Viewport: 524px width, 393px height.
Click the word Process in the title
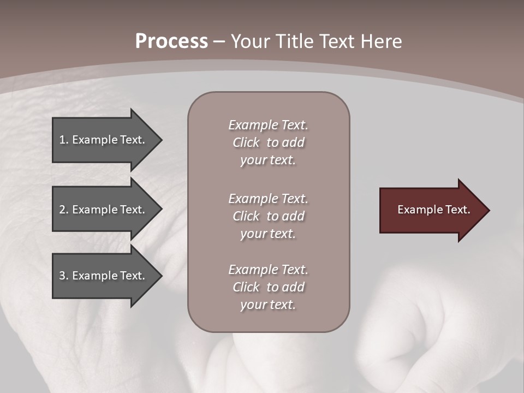171,41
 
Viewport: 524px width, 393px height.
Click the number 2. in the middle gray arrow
64,210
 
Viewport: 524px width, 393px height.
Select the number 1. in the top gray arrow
64,140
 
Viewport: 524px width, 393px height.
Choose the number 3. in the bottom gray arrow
64,276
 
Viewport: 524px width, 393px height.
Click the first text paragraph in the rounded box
268,142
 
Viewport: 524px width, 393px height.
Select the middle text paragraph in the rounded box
268,216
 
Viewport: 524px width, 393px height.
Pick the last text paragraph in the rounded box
268,287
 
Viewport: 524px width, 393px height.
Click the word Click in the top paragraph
246,142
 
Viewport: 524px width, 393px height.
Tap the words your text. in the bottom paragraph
268,305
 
